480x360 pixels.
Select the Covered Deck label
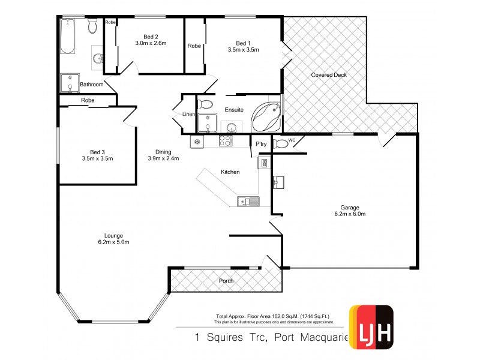pyautogui.click(x=329, y=75)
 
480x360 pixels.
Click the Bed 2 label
pyautogui.click(x=142, y=35)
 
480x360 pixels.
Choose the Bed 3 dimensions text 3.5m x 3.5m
pyautogui.click(x=97, y=158)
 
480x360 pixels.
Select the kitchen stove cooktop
pyautogui.click(x=226, y=141)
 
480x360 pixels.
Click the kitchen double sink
pyautogui.click(x=248, y=202)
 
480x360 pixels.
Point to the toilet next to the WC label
pyautogui.click(x=280, y=143)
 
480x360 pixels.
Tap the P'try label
pyautogui.click(x=261, y=144)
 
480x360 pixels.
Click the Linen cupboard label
pyautogui.click(x=188, y=114)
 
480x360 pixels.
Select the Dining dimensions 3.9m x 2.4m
pyautogui.click(x=164, y=158)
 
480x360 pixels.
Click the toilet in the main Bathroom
pyautogui.click(x=92, y=26)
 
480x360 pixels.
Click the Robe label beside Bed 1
pyautogui.click(x=194, y=46)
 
